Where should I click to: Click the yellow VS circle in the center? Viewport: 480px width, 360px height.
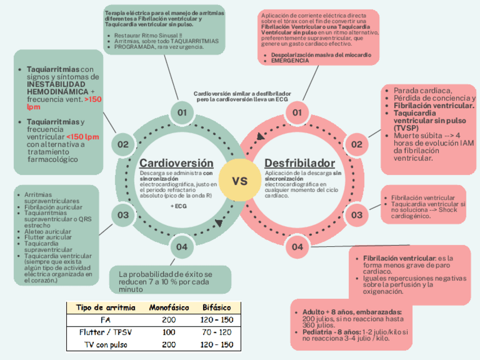240,181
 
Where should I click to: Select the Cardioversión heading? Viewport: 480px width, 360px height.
177,163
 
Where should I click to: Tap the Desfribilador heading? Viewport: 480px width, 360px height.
299,163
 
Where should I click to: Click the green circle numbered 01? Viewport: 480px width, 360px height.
182,113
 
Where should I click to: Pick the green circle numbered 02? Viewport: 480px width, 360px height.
123,144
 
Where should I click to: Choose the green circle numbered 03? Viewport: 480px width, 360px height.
123,215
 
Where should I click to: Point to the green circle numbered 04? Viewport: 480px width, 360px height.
181,247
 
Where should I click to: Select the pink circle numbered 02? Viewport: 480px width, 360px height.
357,144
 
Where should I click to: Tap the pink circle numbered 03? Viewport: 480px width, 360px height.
357,215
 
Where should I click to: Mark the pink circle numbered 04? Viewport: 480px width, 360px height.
298,247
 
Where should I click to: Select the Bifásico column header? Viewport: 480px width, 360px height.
216,307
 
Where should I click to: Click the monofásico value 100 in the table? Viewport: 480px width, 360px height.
169,332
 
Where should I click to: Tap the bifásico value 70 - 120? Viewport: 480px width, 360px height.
216,332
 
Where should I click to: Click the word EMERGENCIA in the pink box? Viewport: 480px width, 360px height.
290,60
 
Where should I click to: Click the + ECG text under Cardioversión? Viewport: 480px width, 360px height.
179,206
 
